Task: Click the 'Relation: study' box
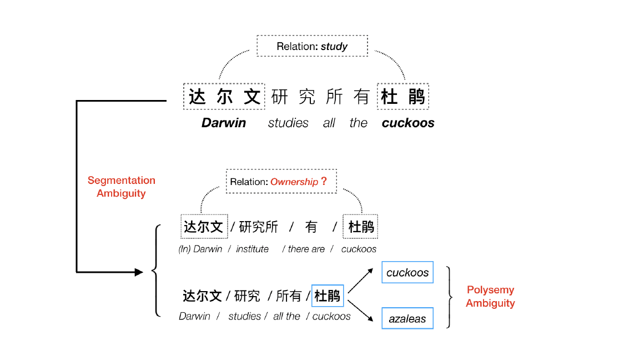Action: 312,46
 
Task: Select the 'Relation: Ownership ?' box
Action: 281,182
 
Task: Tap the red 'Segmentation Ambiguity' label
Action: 121,187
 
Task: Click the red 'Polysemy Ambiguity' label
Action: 490,296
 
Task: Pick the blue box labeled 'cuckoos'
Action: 407,273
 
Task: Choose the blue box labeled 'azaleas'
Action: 407,319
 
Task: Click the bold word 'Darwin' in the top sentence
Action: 223,123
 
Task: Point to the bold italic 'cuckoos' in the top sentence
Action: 408,123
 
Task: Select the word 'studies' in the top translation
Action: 288,123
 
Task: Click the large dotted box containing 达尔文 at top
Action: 224,97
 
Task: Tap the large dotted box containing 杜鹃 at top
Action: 403,97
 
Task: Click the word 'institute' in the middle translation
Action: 252,249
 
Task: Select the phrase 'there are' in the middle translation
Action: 306,249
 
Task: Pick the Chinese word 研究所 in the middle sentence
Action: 258,227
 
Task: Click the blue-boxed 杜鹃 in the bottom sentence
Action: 328,296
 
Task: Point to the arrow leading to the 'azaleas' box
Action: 360,309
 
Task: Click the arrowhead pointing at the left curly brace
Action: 138,272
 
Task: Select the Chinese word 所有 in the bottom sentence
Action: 289,296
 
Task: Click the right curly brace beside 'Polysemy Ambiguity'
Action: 450,297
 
